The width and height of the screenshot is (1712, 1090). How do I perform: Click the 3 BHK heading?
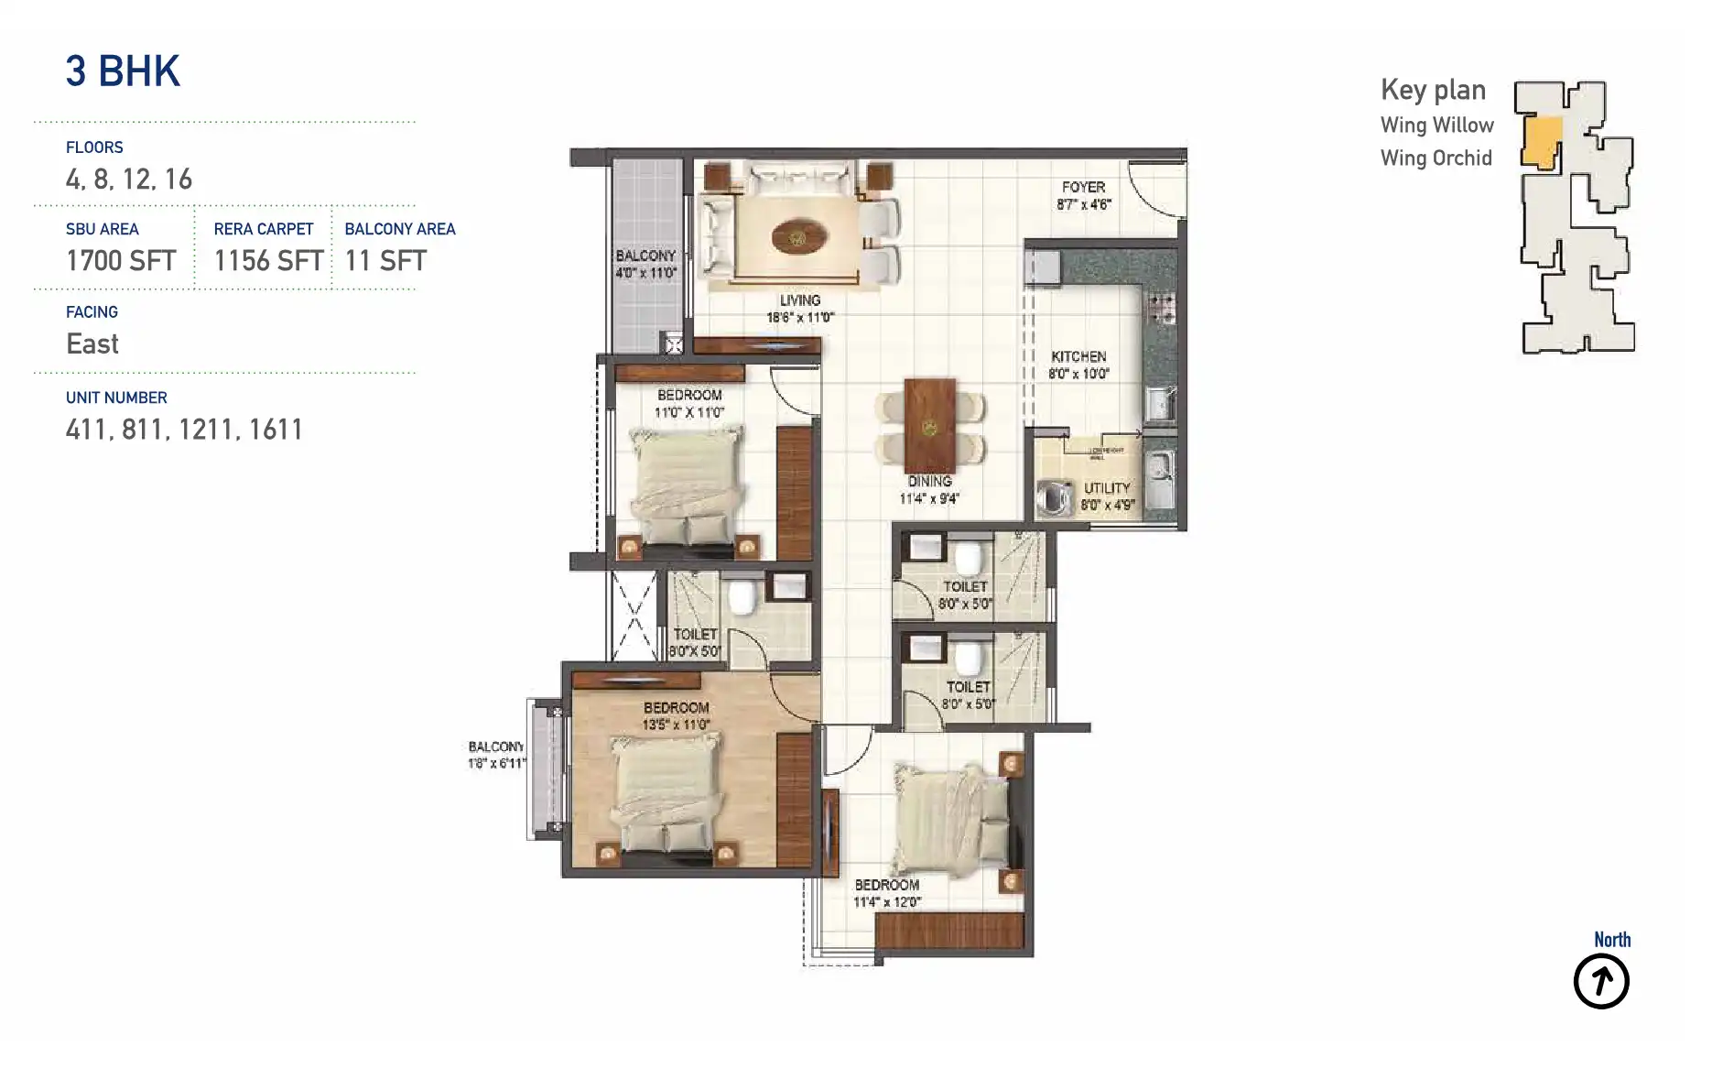tap(123, 71)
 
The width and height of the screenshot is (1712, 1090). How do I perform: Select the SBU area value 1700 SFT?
tap(121, 261)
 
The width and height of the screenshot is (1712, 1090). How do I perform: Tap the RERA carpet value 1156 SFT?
tap(268, 261)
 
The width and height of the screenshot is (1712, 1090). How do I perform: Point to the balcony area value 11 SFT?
tap(385, 261)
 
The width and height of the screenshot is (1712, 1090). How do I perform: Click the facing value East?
tap(92, 344)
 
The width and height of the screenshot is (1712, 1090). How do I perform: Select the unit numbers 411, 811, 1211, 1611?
tap(184, 430)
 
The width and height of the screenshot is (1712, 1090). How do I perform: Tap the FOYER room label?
tap(1083, 195)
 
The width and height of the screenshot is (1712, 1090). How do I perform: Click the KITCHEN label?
tap(1078, 365)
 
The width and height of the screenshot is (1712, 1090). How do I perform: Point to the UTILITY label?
tap(1107, 496)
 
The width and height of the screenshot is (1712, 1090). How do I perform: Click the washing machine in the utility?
tap(1055, 498)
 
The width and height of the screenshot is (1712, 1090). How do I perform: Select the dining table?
tap(929, 426)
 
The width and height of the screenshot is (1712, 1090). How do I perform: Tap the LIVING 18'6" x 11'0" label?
tap(800, 309)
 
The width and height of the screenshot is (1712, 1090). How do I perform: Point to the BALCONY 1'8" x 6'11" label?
tap(496, 755)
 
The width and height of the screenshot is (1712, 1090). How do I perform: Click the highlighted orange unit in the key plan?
tap(1543, 142)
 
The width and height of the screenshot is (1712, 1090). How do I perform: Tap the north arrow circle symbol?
tap(1601, 982)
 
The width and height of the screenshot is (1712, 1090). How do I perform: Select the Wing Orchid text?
tap(1436, 158)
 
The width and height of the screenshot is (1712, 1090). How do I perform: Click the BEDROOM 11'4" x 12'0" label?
tap(886, 893)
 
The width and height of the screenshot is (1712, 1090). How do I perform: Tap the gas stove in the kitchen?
tap(1162, 308)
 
